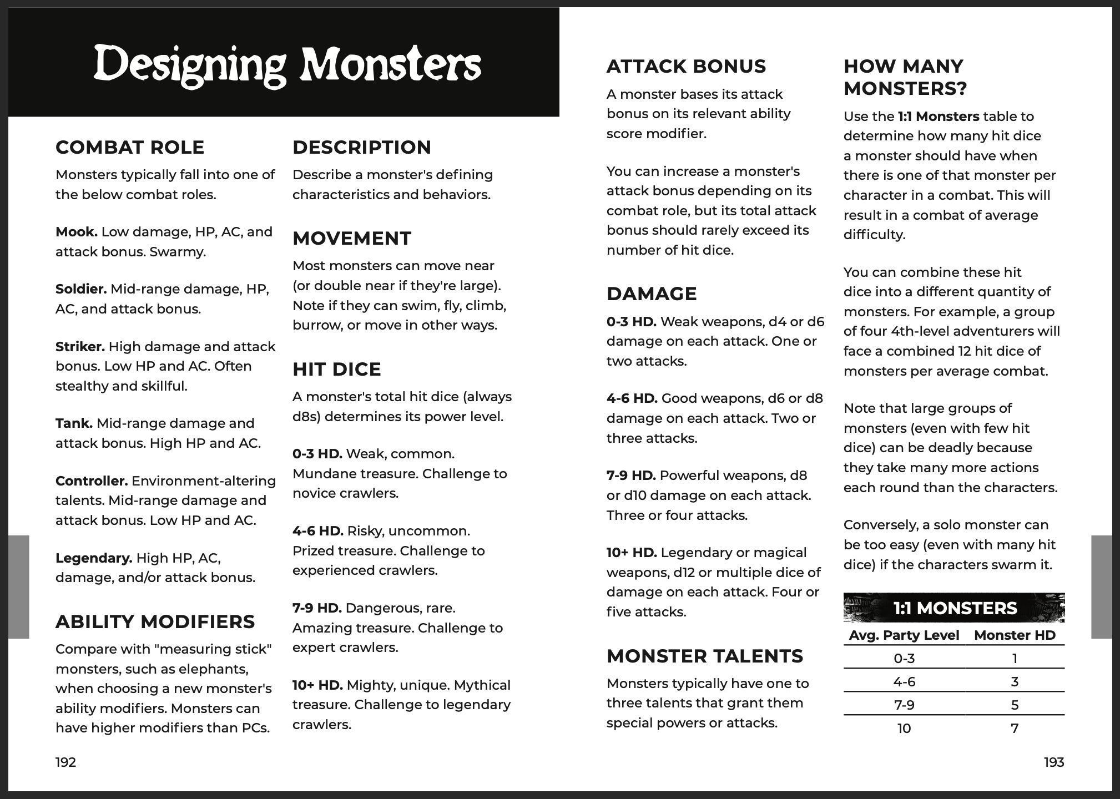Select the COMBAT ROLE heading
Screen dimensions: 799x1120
[x=130, y=147]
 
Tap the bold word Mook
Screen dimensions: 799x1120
[x=76, y=232]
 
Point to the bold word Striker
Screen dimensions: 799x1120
[x=80, y=347]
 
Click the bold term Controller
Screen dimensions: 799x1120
[x=92, y=481]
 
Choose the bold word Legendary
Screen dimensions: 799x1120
[x=94, y=558]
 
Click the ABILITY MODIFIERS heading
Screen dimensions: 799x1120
[x=155, y=621]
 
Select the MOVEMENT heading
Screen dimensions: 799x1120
[x=352, y=238]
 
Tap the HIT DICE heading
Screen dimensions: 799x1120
[x=336, y=369]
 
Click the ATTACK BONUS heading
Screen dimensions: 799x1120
[x=686, y=66]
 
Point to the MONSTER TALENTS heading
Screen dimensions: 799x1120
[x=704, y=656]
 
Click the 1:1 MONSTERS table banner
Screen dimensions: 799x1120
[x=953, y=608]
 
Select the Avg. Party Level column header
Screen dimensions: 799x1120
[x=904, y=635]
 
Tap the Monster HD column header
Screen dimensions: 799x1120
[x=1015, y=635]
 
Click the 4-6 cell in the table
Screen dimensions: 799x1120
[x=904, y=682]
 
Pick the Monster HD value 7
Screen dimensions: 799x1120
[x=1015, y=729]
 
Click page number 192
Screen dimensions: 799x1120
[x=65, y=762]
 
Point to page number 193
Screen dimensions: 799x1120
[x=1053, y=762]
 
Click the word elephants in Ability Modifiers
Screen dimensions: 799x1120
[x=218, y=669]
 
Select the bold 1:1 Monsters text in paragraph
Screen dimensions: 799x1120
[x=939, y=117]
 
